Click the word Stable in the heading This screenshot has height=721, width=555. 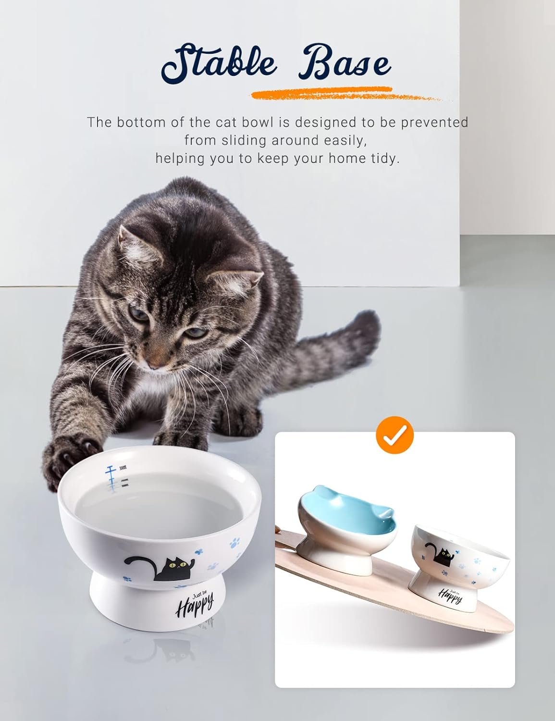click(219, 63)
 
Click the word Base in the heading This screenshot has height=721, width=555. click(345, 62)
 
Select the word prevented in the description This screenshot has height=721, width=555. click(434, 123)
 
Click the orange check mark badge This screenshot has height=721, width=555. click(395, 435)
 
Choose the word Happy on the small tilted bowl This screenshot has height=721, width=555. click(450, 596)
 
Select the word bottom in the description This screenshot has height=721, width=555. click(144, 123)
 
